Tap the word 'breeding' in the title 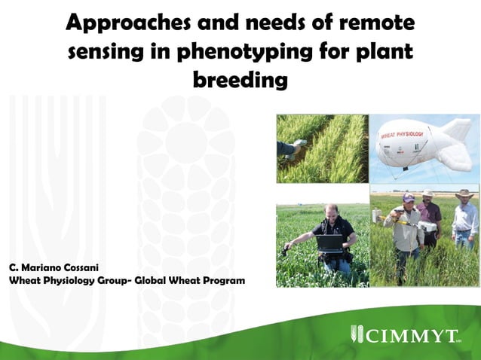(240, 79)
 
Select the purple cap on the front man (408, 197)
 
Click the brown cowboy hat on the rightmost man (464, 194)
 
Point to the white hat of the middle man (429, 193)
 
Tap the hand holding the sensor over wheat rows (296, 148)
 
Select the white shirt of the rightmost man (465, 220)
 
